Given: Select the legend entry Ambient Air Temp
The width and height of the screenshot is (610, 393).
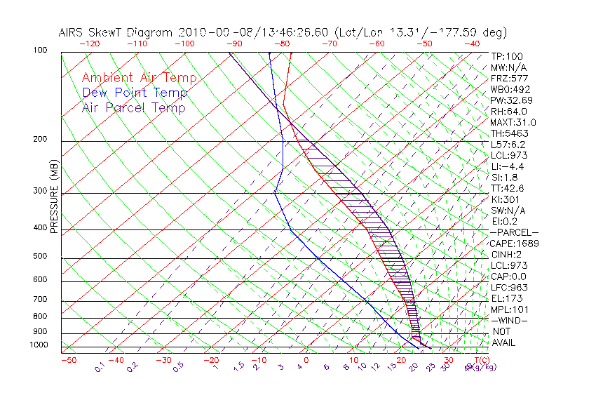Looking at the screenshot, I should (139, 78).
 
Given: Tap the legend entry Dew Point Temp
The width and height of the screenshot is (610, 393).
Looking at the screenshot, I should (134, 93).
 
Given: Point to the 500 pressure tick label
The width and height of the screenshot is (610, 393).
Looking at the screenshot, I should (40, 257).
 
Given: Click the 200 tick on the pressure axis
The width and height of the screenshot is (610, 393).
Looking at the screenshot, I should (40, 140).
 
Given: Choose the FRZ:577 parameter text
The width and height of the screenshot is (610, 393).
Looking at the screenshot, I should (509, 78).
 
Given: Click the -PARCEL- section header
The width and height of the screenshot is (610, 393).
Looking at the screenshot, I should (514, 232).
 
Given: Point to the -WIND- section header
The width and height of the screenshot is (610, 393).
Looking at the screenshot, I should (510, 320).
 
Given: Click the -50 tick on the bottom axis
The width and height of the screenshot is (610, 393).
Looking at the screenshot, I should (68, 361).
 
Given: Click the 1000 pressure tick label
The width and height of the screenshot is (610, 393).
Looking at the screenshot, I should (39, 345).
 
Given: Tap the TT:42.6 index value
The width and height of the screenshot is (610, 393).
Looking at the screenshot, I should (508, 188).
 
